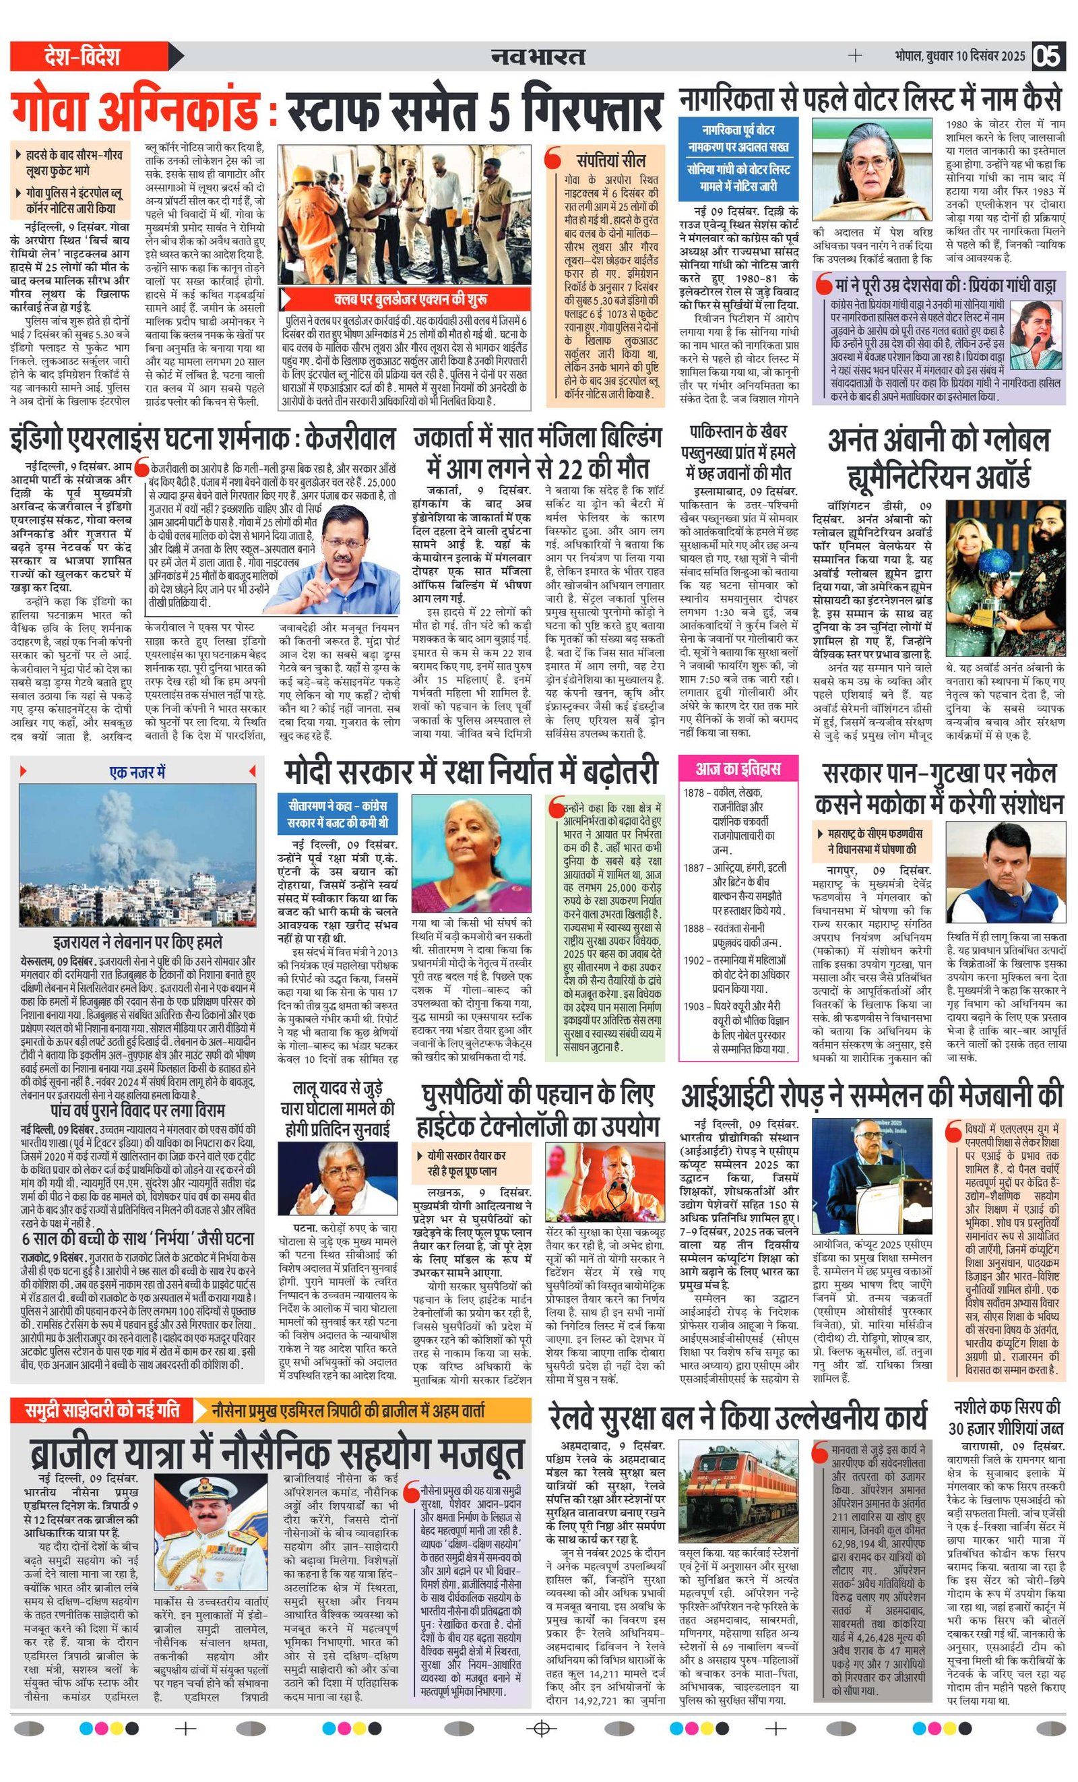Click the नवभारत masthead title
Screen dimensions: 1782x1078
pos(538,56)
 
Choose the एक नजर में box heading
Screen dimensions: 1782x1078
pos(137,772)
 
